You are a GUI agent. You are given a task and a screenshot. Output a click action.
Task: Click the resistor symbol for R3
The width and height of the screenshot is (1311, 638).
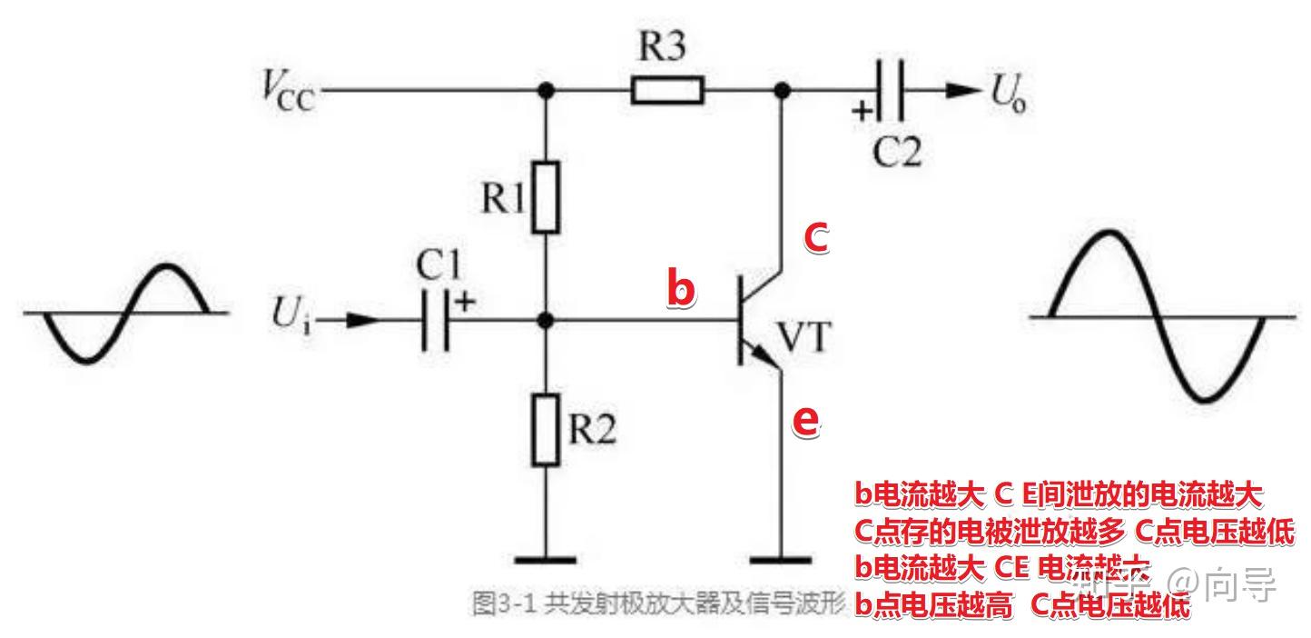pyautogui.click(x=667, y=90)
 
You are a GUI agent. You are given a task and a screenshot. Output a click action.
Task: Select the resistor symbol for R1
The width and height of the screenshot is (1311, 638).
pyautogui.click(x=545, y=197)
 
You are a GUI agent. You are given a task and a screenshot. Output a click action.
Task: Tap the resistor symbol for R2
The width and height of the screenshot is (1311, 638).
pyautogui.click(x=545, y=430)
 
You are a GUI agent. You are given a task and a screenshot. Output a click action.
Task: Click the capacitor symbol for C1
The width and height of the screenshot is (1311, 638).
pyautogui.click(x=436, y=321)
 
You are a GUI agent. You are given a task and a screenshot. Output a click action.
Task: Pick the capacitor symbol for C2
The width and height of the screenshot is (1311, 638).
pyautogui.click(x=891, y=90)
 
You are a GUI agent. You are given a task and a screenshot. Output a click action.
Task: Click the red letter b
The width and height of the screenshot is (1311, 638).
pyautogui.click(x=681, y=288)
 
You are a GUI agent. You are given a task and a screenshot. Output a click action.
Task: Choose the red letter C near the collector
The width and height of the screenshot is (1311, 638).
pyautogui.click(x=816, y=238)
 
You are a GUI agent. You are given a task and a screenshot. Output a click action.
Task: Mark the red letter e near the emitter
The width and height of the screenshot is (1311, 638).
pyautogui.click(x=805, y=421)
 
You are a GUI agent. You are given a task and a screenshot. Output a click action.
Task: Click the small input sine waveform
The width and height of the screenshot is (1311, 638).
pyautogui.click(x=126, y=313)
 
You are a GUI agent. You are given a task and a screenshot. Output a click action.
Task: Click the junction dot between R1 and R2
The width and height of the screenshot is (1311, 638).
pyautogui.click(x=545, y=321)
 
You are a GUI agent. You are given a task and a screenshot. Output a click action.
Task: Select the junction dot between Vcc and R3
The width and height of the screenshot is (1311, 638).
pyautogui.click(x=545, y=90)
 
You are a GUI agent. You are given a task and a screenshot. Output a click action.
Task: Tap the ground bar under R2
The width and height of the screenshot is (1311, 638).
pyautogui.click(x=545, y=560)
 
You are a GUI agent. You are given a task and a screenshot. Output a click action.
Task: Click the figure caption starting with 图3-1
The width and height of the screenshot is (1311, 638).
pyautogui.click(x=658, y=603)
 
